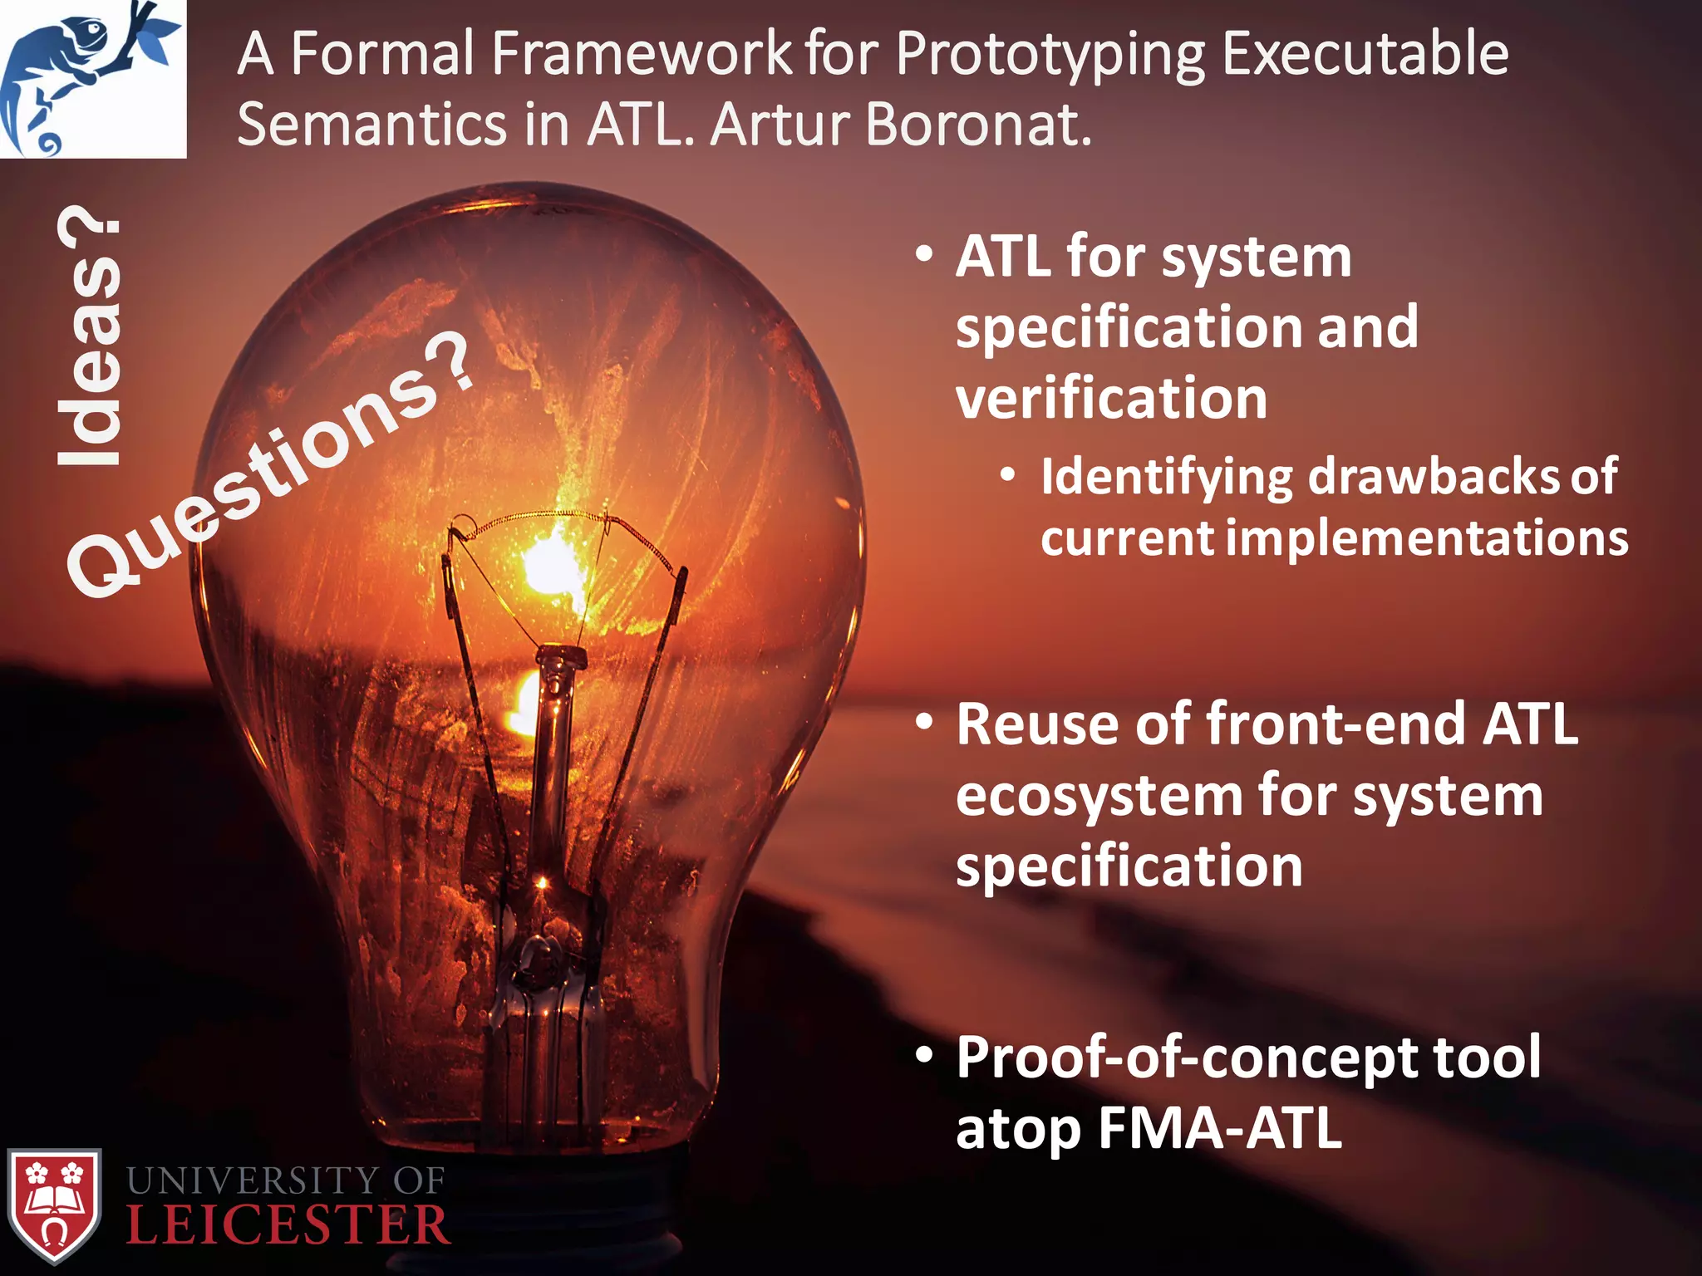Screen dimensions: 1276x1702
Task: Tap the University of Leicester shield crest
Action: [x=54, y=1205]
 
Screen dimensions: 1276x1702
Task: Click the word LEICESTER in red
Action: [x=288, y=1226]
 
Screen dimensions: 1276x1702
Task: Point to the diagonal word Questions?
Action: [x=270, y=465]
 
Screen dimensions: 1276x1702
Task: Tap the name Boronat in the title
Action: [x=977, y=125]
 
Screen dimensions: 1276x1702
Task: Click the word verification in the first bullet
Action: [x=1111, y=399]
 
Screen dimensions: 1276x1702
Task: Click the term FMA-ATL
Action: [x=1219, y=1128]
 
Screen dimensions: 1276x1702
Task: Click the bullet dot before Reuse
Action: [x=924, y=722]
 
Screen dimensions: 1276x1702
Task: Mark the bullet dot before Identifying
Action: [x=1008, y=475]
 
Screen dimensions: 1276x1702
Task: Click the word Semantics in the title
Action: [x=371, y=125]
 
